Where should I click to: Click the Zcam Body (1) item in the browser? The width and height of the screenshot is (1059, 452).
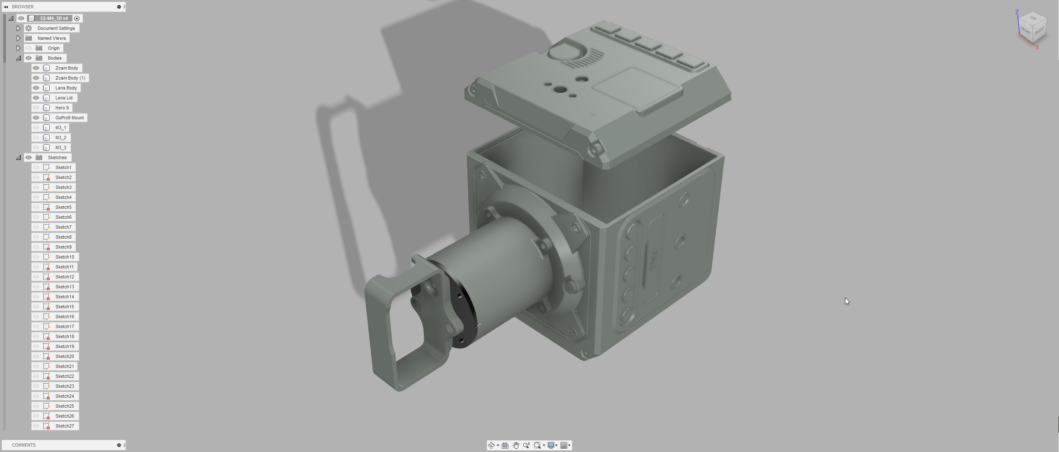70,78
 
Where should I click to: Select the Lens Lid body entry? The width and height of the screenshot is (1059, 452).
64,98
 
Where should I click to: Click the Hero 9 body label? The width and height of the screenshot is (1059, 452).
62,108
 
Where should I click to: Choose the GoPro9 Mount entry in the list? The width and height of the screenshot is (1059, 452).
70,118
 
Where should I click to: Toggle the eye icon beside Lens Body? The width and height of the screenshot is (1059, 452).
36,88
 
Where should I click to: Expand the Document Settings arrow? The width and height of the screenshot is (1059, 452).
19,28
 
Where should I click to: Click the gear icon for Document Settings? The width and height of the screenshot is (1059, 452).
29,28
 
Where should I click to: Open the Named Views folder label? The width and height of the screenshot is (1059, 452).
51,38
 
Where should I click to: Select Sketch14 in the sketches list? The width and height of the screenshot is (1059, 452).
65,297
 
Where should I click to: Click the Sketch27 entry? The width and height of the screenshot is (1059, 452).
65,426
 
